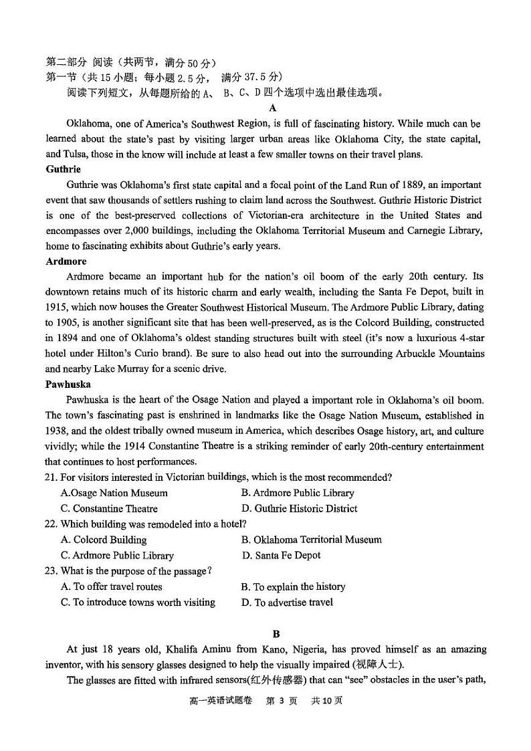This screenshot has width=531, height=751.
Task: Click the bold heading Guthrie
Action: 64,169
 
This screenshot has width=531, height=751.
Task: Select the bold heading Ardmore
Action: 66,261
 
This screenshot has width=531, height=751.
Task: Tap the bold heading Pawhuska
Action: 68,385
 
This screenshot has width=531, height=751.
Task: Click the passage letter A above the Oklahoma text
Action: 272,108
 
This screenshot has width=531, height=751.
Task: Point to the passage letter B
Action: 276,634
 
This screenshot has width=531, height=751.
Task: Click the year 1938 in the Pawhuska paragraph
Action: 59,431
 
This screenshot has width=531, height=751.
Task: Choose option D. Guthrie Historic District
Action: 299,508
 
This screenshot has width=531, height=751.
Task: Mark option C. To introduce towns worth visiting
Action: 138,602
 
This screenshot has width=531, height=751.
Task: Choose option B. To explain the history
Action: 293,586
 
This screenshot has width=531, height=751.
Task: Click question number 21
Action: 51,477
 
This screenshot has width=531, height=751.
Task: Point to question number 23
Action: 51,570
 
